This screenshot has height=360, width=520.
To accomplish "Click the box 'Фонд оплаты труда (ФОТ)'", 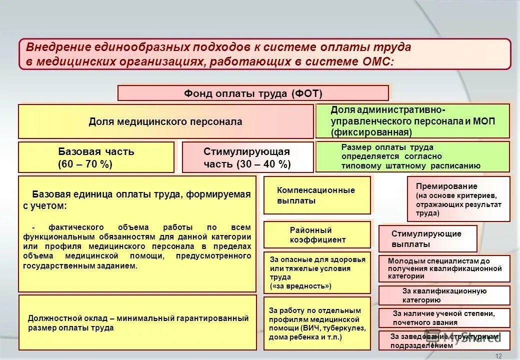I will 253,93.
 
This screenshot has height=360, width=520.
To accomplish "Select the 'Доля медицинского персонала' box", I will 165,121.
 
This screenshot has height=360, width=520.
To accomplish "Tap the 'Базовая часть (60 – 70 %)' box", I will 96,157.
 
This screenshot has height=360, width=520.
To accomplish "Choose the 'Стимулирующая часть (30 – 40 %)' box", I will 247,157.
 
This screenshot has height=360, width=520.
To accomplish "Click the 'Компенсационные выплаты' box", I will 317,195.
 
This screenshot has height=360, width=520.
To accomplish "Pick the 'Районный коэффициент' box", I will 317,235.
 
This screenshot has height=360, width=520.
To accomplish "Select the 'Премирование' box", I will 458,199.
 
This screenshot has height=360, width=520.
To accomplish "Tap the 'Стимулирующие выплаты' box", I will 427,239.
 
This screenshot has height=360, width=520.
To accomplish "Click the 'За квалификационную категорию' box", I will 444,295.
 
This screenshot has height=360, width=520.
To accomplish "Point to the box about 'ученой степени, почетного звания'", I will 444,318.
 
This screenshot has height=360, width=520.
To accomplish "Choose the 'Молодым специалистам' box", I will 444,268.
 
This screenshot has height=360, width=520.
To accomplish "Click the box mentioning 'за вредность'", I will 317,272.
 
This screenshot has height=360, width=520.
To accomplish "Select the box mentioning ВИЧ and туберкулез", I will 317,323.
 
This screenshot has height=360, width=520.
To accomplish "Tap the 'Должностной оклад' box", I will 137,323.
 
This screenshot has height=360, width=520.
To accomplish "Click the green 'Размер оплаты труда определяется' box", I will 412,156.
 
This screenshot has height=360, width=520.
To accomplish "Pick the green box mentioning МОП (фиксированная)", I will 412,121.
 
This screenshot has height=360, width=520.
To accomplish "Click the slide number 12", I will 498,355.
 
